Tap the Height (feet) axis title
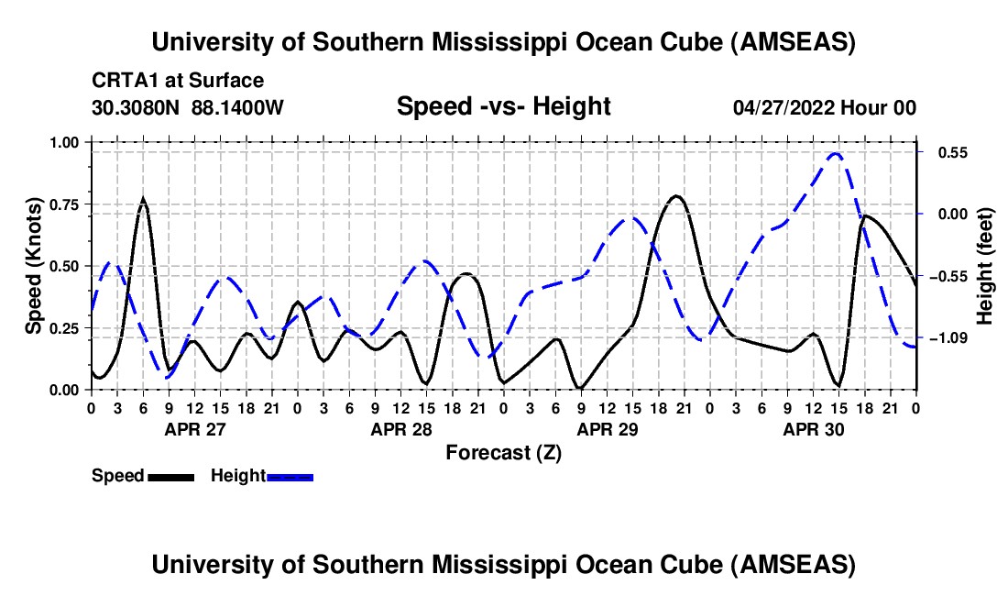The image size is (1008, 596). tap(986, 266)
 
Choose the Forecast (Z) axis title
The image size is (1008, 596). tap(503, 452)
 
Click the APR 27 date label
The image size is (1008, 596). tap(194, 429)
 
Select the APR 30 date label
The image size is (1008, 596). tap(813, 429)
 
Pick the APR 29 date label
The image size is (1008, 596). tap(607, 429)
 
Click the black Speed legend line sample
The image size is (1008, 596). tap(170, 476)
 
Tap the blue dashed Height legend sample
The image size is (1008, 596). tap(290, 476)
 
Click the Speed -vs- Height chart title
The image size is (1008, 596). tap(503, 106)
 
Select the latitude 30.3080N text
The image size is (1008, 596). tap(137, 107)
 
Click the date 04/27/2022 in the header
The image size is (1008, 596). tap(783, 107)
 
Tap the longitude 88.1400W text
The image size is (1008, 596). tap(238, 107)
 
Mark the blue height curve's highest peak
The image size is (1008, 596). tap(835, 153)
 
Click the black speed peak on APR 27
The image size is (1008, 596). tap(143, 199)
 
